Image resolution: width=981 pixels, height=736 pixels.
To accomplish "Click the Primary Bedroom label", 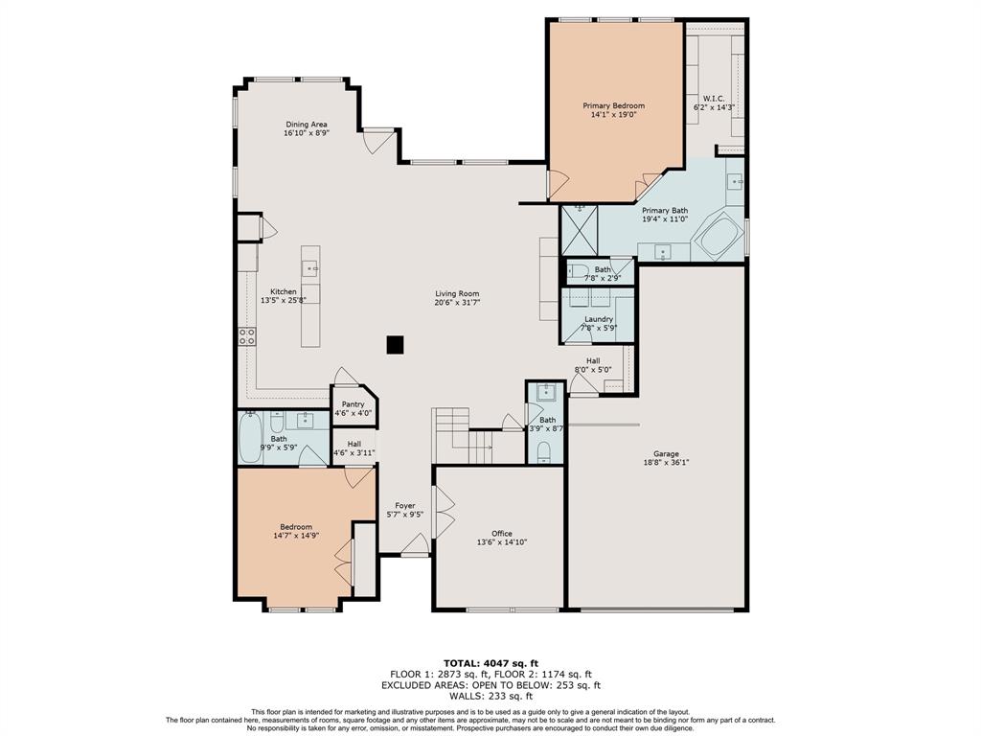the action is [x=614, y=105].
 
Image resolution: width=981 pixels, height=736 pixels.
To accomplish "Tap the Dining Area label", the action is [x=307, y=125].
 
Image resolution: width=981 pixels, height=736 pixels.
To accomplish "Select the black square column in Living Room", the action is [x=395, y=345].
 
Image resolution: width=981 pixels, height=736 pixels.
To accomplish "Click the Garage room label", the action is [x=667, y=453].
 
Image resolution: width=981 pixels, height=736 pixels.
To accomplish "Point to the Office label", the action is [x=502, y=534].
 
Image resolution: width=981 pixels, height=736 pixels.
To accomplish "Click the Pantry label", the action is [x=353, y=404].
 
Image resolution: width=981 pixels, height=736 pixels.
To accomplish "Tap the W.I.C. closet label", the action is [x=714, y=99].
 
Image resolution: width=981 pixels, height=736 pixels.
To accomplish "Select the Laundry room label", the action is [x=599, y=319].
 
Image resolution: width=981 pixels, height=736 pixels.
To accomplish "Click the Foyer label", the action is [x=405, y=506].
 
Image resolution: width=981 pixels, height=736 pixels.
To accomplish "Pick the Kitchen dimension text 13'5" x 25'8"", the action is [x=284, y=300].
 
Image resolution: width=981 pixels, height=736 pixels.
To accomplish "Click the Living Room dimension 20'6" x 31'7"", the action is [x=457, y=302].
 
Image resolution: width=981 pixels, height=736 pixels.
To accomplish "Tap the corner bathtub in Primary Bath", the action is [x=719, y=236].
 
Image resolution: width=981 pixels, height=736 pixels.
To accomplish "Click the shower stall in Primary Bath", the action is [x=580, y=230].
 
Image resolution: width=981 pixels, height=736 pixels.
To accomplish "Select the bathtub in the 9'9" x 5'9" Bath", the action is [x=250, y=436].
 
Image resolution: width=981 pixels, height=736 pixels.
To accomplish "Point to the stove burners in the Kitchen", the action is [x=247, y=336].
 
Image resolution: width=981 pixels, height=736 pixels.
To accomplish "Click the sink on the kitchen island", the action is [x=310, y=269].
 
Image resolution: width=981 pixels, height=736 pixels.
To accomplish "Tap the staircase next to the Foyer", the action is [x=464, y=436].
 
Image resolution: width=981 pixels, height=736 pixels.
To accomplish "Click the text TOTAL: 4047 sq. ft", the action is [x=490, y=663].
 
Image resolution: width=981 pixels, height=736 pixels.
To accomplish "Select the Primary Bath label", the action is [x=665, y=210].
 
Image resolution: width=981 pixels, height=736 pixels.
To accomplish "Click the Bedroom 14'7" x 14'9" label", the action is [x=296, y=527].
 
